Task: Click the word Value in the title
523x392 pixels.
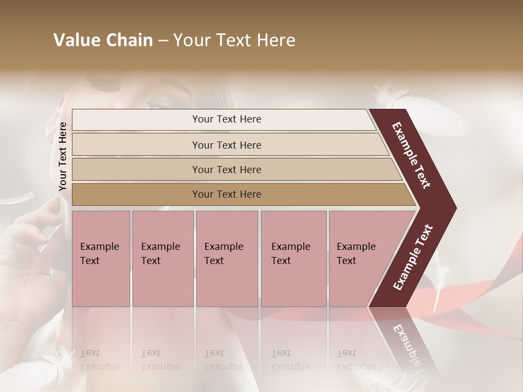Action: (76, 40)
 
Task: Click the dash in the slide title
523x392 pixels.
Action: (163, 41)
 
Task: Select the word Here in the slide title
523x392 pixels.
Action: (275, 40)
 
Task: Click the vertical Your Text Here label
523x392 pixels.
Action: (63, 156)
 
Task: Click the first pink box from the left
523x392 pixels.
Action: (101, 259)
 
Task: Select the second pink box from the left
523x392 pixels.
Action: (162, 259)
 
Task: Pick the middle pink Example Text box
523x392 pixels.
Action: (227, 259)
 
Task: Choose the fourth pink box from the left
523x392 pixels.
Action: (293, 259)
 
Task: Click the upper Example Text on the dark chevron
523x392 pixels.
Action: (411, 155)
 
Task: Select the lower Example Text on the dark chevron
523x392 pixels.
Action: (413, 257)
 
